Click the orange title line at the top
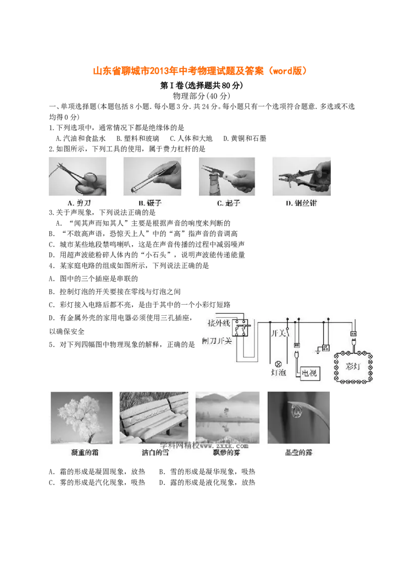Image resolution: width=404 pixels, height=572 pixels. pos(199,72)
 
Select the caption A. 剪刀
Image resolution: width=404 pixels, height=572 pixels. pos(78,203)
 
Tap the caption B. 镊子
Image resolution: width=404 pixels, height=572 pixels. pos(149,203)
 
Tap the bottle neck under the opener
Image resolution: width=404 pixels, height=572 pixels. pos(211,187)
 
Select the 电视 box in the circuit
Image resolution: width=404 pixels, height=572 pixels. pos(309,373)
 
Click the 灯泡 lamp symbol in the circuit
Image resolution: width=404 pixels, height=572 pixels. pos(277,364)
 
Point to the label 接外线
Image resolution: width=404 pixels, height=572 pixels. pos(218,322)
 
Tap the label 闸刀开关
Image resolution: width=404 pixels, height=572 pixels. pos(217,342)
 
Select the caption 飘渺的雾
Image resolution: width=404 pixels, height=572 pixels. pos(227,453)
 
